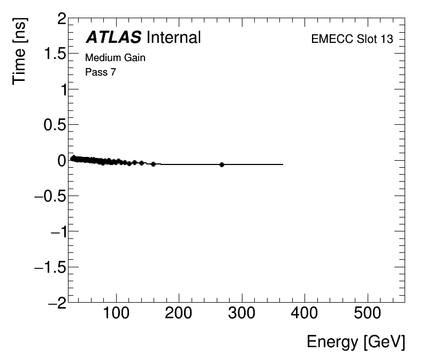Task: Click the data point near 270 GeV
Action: tap(222, 164)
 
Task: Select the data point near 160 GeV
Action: tap(154, 164)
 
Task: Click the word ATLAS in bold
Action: tap(113, 37)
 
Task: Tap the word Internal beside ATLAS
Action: tap(173, 37)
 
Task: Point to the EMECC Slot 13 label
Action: tap(352, 39)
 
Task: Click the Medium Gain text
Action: tap(116, 57)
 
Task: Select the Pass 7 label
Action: tap(101, 72)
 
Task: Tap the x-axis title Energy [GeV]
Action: tap(355, 342)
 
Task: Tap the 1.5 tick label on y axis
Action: tap(54, 55)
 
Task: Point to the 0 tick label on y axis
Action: tap(62, 160)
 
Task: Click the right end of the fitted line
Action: tap(283, 164)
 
